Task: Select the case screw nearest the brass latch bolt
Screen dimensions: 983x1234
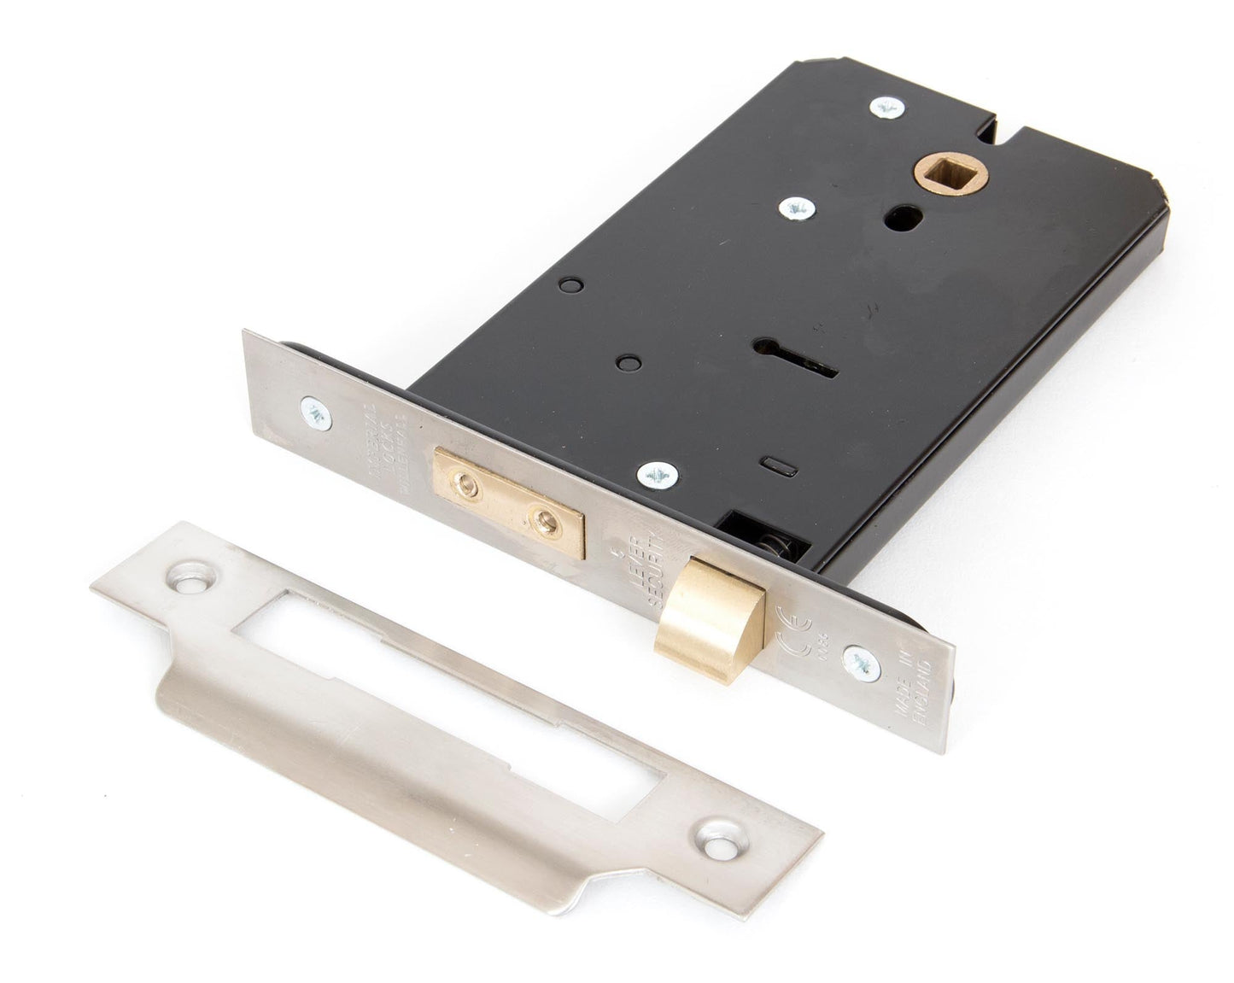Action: click(x=658, y=473)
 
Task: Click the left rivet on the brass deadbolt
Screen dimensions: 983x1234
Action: click(x=468, y=486)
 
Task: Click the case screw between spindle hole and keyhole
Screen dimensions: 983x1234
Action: click(x=797, y=206)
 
